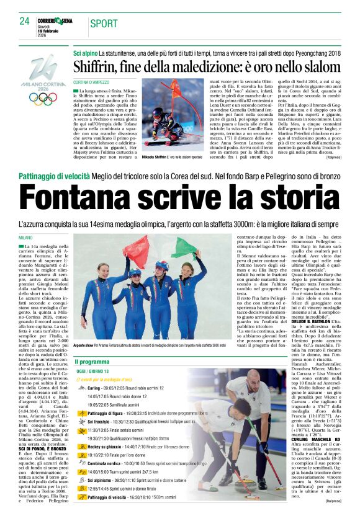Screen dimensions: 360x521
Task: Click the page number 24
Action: (24, 22)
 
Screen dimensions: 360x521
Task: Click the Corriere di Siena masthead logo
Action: (54, 20)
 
